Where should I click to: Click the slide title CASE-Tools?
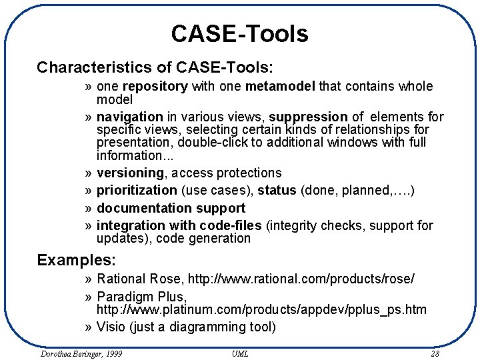pyautogui.click(x=239, y=33)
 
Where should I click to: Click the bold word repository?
pyautogui.click(x=155, y=87)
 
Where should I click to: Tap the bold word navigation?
pyautogui.click(x=130, y=117)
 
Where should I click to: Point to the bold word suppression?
pyautogui.click(x=308, y=117)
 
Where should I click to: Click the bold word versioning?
pyautogui.click(x=130, y=173)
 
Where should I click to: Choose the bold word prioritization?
pyautogui.click(x=137, y=191)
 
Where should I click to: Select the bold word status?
pyautogui.click(x=277, y=191)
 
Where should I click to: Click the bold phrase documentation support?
pyautogui.click(x=171, y=208)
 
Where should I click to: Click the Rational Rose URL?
pyautogui.click(x=301, y=279)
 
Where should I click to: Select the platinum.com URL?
pyautogui.click(x=261, y=309)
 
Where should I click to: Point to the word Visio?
pyautogui.click(x=111, y=327)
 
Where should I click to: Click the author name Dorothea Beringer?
pyautogui.click(x=81, y=353)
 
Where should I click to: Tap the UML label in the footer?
pyautogui.click(x=240, y=353)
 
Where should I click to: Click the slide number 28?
pyautogui.click(x=435, y=353)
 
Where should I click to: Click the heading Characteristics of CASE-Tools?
pyautogui.click(x=155, y=67)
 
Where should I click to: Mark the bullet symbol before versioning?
pyautogui.click(x=89, y=173)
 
